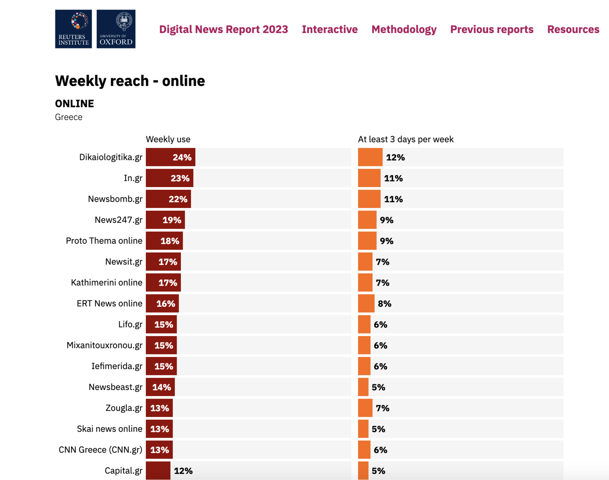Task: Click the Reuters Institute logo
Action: (x=73, y=29)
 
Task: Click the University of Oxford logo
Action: (x=116, y=29)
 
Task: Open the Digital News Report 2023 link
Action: (x=223, y=29)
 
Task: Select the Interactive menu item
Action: (x=330, y=29)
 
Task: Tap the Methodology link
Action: (x=404, y=29)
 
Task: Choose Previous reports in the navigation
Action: (x=492, y=29)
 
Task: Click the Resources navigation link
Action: (x=573, y=29)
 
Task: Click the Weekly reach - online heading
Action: (x=130, y=81)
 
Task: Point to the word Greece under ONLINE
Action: (x=69, y=117)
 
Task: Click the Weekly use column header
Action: (x=168, y=139)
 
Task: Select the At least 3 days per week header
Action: (x=406, y=139)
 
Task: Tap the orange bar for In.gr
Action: (x=369, y=178)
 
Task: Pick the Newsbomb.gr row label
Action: (x=115, y=199)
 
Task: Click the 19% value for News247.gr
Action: (x=172, y=220)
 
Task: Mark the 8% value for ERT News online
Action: (x=384, y=304)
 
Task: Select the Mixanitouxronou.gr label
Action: (x=104, y=345)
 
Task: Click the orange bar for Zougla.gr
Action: (x=365, y=408)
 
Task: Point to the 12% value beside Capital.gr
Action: (x=183, y=471)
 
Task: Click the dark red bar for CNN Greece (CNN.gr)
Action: (x=159, y=450)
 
